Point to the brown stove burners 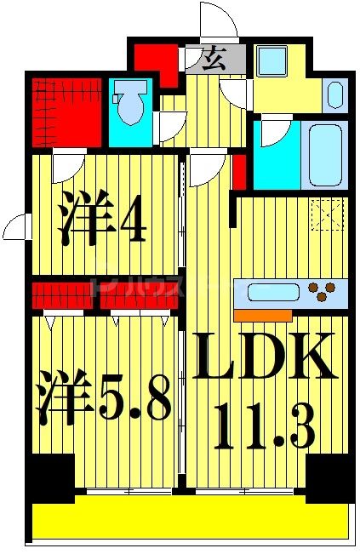click(320, 293)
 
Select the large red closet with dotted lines click(66, 111)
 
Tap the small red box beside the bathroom click(240, 170)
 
